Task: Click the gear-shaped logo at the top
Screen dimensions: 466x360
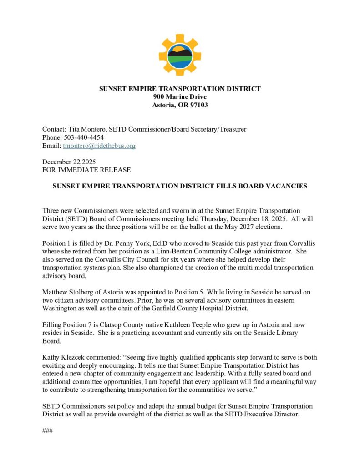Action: [x=180, y=54]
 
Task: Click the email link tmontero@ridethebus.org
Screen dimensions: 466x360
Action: [x=99, y=146]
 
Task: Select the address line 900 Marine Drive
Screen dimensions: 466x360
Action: [x=180, y=97]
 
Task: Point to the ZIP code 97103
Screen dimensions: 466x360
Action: [x=198, y=105]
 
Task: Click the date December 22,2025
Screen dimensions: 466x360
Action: [x=69, y=162]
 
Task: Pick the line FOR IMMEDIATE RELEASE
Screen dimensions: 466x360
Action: [x=86, y=170]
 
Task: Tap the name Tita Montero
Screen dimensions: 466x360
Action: [x=87, y=129]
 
